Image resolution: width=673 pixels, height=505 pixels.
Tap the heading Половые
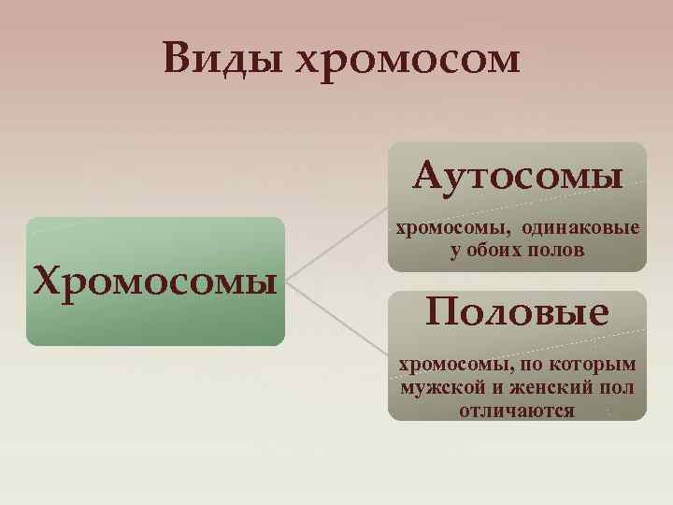pos(517,310)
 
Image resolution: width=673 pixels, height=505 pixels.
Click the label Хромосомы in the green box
pos(154,279)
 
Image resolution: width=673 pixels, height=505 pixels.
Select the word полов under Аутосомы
pos(558,250)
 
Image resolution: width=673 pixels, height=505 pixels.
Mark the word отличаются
pos(517,411)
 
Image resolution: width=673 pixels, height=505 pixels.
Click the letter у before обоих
pos(454,251)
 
